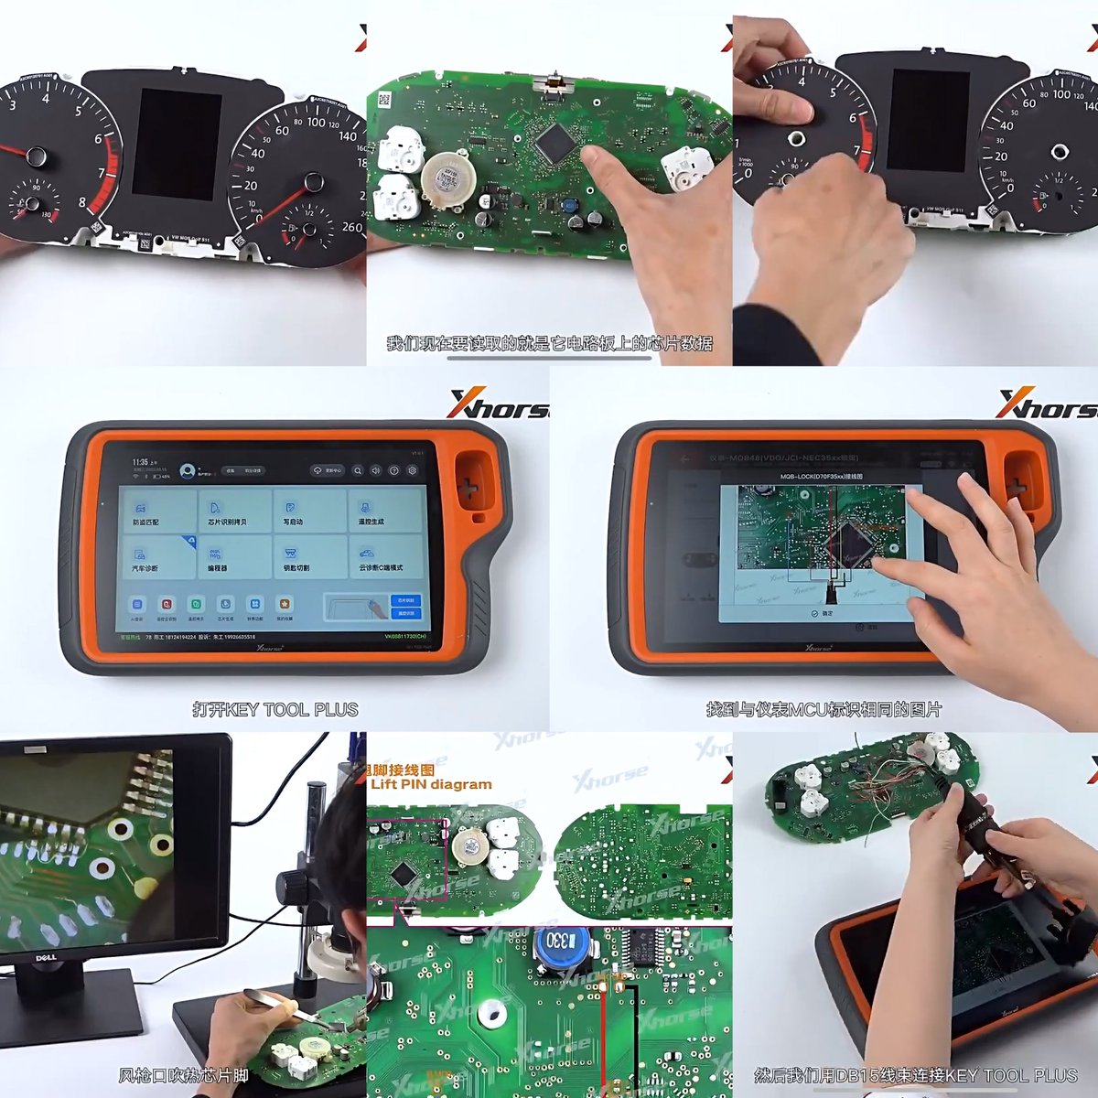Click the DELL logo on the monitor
(46, 957)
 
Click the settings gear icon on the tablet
(413, 470)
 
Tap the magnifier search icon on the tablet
(358, 470)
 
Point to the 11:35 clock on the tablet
(140, 462)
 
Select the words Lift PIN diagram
(431, 784)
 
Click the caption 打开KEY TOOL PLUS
(274, 709)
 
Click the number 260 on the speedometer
(351, 227)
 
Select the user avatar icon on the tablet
(188, 470)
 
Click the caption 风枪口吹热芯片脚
(183, 1075)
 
